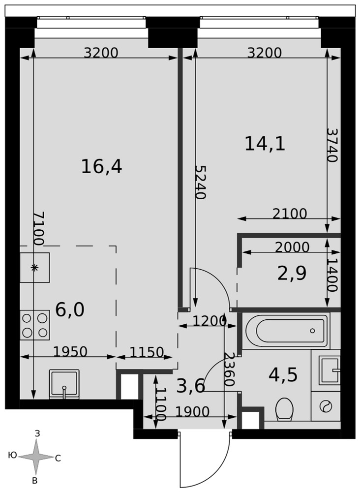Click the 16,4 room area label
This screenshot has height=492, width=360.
101,166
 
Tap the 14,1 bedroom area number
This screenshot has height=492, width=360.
265,144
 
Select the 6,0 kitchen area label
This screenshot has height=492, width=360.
70,310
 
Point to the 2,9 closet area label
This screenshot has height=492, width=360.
292,273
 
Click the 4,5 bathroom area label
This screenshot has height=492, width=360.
283,375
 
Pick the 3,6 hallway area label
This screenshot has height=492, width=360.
191,386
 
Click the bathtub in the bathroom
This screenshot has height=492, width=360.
286,331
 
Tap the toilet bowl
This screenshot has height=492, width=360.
284,409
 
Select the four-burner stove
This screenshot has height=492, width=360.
35,325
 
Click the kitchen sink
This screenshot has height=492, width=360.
64,384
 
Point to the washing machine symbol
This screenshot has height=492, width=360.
326,406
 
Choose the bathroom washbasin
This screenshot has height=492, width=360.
330,370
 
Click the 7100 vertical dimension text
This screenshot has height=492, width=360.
39,228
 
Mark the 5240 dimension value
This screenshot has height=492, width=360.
200,183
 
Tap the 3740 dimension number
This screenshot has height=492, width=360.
332,145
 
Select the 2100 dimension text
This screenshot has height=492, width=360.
290,214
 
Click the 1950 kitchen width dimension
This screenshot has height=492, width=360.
70,352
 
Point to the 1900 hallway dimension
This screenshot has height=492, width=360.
192,412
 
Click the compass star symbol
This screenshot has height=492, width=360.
36,457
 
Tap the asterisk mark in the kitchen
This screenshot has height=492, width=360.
35,268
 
